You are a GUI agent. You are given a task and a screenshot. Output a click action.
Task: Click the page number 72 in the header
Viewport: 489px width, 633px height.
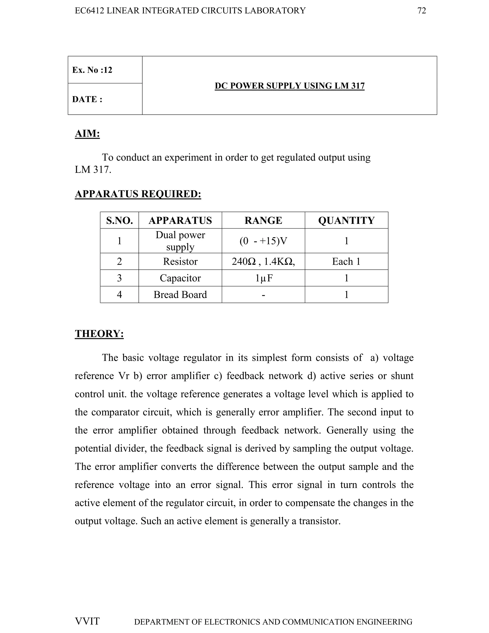[421, 11]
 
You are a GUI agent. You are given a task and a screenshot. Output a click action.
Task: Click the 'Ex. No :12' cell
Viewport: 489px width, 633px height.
[92, 70]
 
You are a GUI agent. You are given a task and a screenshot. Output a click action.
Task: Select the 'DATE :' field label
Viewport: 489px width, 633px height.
[87, 99]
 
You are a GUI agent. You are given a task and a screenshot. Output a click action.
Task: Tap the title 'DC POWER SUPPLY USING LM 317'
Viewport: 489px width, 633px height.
[289, 86]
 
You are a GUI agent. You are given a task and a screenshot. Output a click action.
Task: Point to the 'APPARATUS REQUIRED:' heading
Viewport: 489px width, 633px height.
[138, 194]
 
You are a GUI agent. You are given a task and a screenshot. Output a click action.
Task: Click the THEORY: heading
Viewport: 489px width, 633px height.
[99, 334]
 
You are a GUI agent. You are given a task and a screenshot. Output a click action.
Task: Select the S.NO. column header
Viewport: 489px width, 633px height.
[119, 220]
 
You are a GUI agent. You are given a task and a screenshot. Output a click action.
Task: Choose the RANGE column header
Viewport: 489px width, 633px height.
[263, 220]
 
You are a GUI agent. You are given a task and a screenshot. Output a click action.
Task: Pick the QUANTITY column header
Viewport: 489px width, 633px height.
[346, 220]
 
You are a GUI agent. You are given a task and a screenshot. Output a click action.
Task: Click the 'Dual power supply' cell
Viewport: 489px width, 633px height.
[180, 241]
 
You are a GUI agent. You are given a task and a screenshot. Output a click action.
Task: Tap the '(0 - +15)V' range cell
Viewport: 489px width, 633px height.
[263, 241]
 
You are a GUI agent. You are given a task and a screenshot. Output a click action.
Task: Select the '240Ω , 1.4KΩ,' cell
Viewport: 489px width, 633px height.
[263, 261]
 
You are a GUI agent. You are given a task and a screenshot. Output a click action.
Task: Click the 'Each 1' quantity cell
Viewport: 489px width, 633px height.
[346, 261]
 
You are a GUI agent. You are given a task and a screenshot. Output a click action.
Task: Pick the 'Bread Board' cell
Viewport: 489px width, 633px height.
[180, 295]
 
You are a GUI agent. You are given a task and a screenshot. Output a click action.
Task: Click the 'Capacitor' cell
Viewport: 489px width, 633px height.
[180, 278]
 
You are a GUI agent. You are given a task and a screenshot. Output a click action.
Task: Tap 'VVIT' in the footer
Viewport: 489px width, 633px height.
[87, 621]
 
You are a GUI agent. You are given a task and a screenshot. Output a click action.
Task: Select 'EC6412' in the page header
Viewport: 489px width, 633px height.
[89, 11]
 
